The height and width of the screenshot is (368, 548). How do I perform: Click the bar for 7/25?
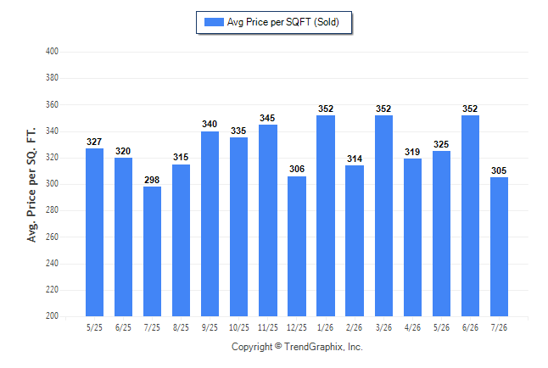(152, 251)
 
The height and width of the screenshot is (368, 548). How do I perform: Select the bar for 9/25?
(210, 224)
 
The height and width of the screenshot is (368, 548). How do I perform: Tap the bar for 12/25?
(297, 247)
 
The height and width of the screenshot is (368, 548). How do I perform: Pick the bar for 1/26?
(326, 215)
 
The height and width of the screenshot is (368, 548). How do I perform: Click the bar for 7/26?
(499, 247)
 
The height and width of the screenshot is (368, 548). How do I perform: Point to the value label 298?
(152, 180)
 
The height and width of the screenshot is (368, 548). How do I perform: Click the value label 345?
(267, 118)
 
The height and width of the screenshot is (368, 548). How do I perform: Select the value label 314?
(355, 159)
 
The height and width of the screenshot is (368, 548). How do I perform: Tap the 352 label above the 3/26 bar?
(383, 109)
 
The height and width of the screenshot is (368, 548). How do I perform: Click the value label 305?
(499, 170)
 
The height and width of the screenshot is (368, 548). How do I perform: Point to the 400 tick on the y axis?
(52, 52)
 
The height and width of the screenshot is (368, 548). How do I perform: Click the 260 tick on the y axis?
(52, 237)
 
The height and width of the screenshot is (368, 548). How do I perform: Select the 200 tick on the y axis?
(52, 315)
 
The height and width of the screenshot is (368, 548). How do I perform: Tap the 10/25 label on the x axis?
(239, 327)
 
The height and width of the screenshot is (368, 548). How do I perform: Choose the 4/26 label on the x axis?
(412, 327)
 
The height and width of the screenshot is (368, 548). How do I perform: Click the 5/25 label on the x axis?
(94, 327)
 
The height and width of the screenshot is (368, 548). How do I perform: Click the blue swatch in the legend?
(214, 22)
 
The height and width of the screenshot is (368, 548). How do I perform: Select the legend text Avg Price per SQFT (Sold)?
(283, 22)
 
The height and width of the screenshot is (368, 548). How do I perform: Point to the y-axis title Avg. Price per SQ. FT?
(31, 185)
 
